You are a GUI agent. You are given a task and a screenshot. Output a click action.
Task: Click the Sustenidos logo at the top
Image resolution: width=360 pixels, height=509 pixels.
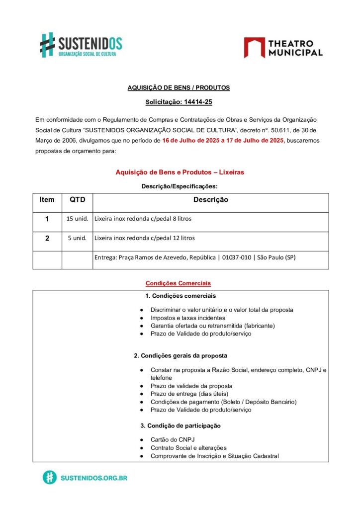(x=81, y=45)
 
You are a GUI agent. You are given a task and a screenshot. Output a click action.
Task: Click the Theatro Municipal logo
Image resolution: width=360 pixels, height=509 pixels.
(x=283, y=48)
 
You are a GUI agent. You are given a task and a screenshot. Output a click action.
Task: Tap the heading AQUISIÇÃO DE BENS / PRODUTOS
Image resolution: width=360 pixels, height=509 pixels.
(x=179, y=87)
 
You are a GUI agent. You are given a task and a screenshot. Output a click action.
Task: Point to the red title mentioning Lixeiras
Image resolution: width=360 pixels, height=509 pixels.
(x=180, y=172)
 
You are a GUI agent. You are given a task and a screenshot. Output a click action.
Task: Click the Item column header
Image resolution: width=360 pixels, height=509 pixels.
(x=47, y=200)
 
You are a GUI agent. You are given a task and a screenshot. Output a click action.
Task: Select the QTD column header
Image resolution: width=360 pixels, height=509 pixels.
(x=77, y=200)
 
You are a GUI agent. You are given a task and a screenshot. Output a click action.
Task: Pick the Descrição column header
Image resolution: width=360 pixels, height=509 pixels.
(x=210, y=200)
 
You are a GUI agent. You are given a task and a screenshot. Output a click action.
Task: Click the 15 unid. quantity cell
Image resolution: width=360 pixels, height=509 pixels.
(x=77, y=219)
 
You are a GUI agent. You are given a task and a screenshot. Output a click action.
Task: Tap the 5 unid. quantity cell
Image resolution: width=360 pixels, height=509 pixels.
(x=77, y=238)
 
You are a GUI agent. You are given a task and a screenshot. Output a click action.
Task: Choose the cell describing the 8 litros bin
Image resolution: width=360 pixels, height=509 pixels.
(x=143, y=219)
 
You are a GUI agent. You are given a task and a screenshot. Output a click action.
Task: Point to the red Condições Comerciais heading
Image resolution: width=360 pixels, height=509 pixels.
(x=178, y=283)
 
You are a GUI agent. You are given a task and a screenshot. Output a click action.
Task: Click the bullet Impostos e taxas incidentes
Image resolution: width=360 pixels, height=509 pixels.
(x=188, y=318)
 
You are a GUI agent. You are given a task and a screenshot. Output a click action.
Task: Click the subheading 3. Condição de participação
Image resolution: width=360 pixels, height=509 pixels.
(x=180, y=426)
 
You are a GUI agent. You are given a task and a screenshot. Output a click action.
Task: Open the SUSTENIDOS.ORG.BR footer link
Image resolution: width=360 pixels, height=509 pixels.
(x=93, y=478)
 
